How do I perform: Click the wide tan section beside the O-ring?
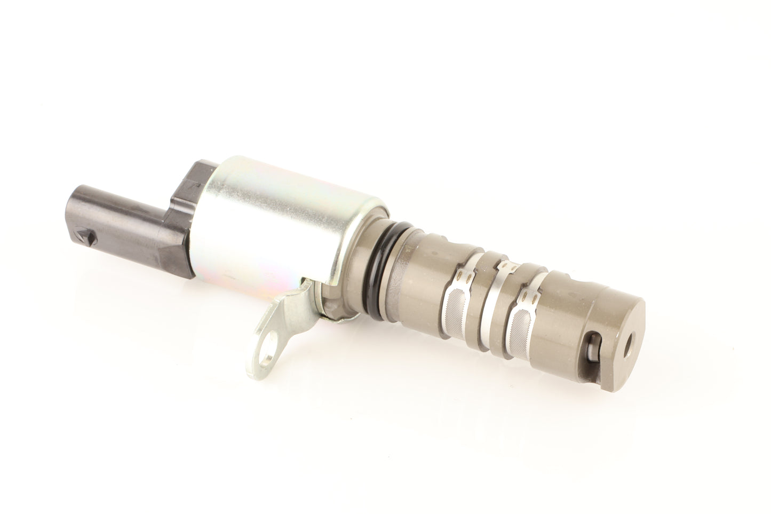pos(422,278)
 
